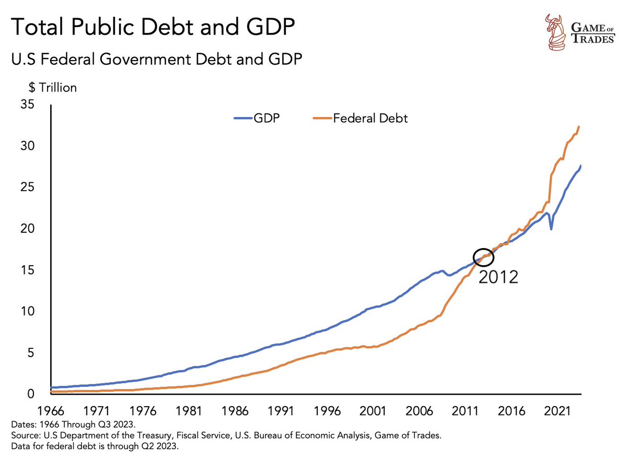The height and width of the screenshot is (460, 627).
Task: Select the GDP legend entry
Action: pyautogui.click(x=257, y=119)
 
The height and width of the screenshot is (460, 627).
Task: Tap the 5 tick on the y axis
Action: pyautogui.click(x=31, y=353)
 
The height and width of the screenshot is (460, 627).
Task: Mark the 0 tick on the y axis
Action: pyautogui.click(x=31, y=394)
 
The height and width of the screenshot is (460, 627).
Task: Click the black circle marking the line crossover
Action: pyautogui.click(x=483, y=257)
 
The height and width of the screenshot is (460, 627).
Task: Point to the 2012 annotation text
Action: pyautogui.click(x=498, y=277)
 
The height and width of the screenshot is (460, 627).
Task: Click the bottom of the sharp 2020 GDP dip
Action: pyautogui.click(x=551, y=229)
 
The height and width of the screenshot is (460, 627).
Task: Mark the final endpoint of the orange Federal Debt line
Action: pyautogui.click(x=579, y=127)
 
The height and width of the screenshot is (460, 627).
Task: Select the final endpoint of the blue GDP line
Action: pyautogui.click(x=580, y=166)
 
